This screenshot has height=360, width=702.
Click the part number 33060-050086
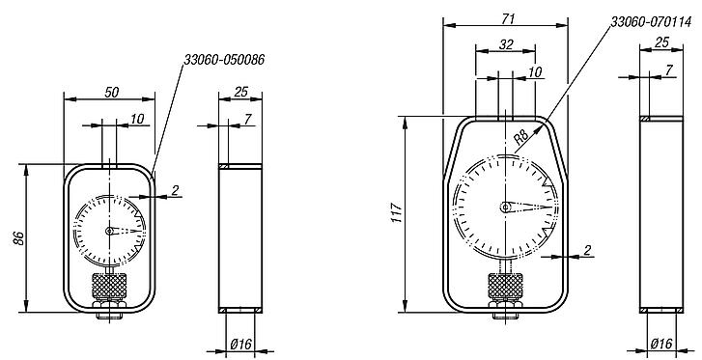[x=224, y=60]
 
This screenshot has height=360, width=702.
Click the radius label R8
[x=520, y=138]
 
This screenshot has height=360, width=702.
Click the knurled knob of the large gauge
[x=506, y=287]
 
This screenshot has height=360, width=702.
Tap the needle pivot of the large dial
[x=506, y=207]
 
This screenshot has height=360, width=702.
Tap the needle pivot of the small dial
[x=110, y=231]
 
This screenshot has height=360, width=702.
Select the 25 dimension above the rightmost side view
[x=661, y=42]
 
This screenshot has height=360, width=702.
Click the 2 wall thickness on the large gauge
[x=588, y=251]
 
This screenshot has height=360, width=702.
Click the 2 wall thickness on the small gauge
[x=175, y=189]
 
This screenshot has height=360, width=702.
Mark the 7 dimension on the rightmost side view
[x=670, y=72]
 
